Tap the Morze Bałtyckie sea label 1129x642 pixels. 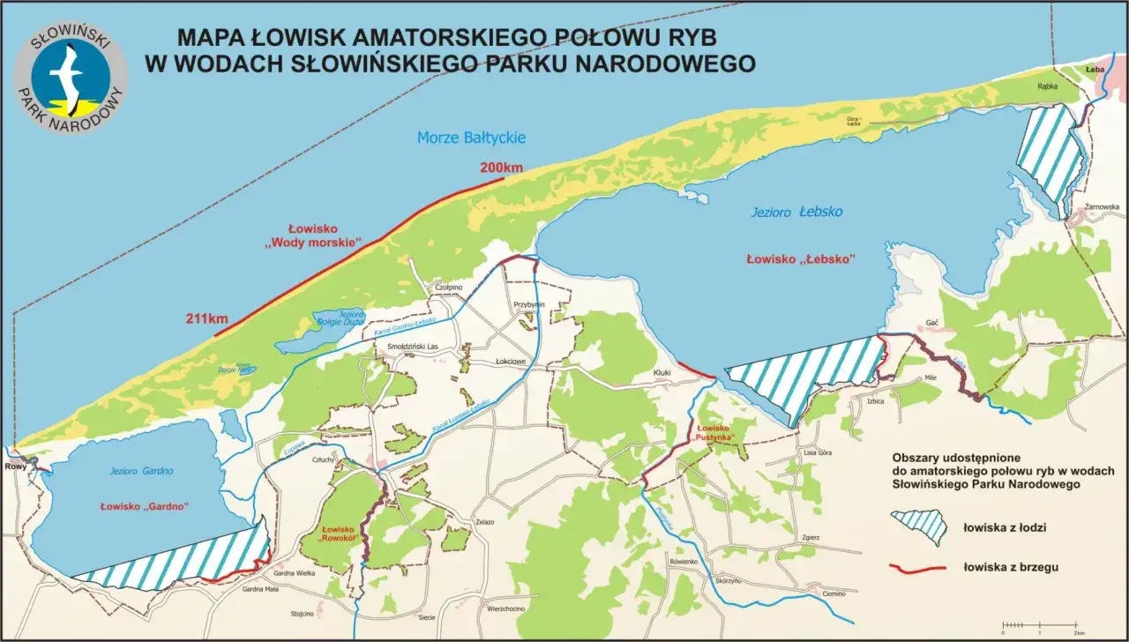471,138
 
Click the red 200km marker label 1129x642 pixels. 501,168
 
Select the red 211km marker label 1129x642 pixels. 207,319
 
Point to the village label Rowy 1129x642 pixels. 15,467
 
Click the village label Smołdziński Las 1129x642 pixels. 413,347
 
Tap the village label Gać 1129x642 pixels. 931,324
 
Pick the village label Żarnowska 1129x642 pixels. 1103,207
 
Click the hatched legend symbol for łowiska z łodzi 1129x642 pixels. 919,526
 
